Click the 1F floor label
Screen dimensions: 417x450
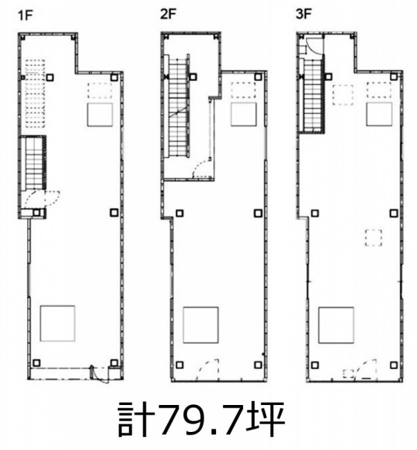25,15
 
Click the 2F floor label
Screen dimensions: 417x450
168,14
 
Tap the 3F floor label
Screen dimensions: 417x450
304,14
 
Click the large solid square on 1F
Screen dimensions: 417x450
57,323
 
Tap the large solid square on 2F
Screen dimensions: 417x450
201,325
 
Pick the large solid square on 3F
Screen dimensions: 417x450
336,325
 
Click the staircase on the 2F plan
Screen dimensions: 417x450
177,106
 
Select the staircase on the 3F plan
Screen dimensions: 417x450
312,94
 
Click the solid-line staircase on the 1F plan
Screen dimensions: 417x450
34,163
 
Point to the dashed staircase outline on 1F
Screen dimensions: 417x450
35,93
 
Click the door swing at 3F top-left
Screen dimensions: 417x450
314,45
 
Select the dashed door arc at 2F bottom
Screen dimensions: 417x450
207,370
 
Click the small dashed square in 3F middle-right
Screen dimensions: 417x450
373,237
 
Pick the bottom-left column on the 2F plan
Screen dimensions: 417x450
180,365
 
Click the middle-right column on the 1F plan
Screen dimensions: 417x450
114,213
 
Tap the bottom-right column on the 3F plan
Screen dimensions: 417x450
393,365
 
